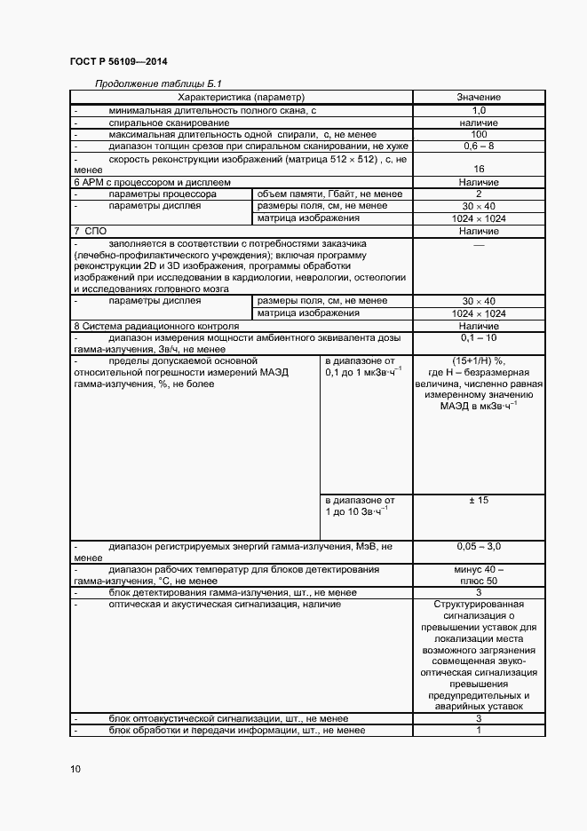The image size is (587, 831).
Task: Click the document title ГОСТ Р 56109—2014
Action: tap(118, 61)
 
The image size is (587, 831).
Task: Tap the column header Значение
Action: tap(479, 96)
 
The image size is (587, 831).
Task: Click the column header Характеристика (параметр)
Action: tap(241, 96)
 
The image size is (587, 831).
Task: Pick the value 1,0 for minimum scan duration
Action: tap(479, 109)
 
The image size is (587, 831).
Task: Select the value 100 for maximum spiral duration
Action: tap(479, 133)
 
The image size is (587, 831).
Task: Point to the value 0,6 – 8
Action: tap(479, 145)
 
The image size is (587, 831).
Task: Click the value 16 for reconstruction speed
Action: tap(479, 168)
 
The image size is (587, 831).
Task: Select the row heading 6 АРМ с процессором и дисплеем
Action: tap(148, 182)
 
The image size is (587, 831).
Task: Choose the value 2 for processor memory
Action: tap(479, 194)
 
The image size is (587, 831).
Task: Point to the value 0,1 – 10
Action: tap(479, 339)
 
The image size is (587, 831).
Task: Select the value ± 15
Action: tap(479, 501)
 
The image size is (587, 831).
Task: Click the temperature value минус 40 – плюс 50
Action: tap(479, 574)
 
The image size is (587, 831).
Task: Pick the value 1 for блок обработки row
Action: tap(479, 730)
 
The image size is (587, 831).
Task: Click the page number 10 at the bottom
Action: tap(75, 769)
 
